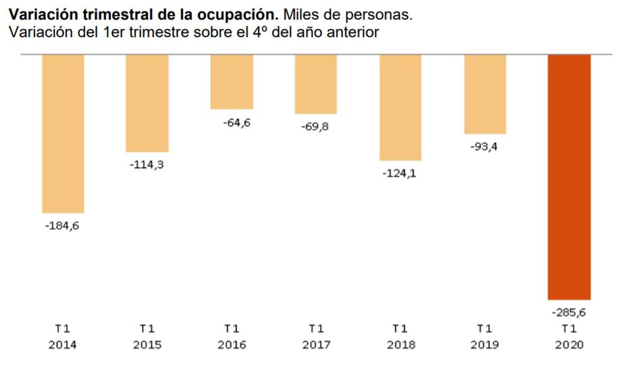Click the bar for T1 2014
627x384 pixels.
[x=63, y=133]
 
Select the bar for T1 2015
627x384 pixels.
[x=147, y=103]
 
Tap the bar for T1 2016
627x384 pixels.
[x=232, y=82]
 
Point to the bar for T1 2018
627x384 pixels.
[x=401, y=107]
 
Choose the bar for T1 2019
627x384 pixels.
[x=485, y=94]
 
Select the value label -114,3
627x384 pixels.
[x=147, y=165]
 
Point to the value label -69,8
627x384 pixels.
[x=315, y=126]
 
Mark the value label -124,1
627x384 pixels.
[x=399, y=173]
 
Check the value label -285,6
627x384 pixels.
[x=569, y=312]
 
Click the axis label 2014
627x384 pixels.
[x=63, y=345]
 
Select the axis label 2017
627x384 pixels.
[x=316, y=345]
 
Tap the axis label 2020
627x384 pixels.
[x=569, y=345]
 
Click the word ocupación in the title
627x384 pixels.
[x=238, y=15]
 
